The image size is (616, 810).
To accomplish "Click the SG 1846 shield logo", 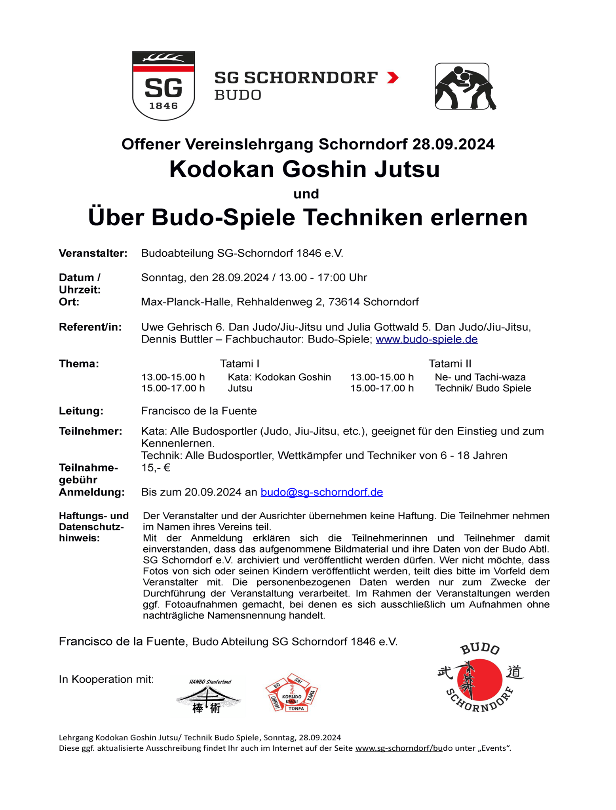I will point(163,85).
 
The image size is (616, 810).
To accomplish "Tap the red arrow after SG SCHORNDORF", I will point(392,78).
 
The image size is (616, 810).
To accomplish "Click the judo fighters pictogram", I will point(464,87).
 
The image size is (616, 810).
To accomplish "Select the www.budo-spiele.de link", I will point(426,339).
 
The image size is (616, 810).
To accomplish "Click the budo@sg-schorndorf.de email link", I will point(321,492).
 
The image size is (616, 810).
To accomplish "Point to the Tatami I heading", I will point(240,363).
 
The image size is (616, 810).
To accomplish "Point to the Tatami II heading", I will point(450,363).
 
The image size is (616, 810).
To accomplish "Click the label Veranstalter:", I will point(93,253).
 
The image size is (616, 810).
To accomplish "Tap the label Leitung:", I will point(81,411).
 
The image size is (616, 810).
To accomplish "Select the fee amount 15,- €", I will point(156,468).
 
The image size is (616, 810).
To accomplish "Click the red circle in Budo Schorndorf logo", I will point(480,681).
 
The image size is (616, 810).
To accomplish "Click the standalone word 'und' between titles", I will point(306,194).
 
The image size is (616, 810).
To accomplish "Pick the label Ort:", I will point(69,302).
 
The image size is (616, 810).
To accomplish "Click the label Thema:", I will point(79,363).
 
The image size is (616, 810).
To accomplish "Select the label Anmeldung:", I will point(91,492).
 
